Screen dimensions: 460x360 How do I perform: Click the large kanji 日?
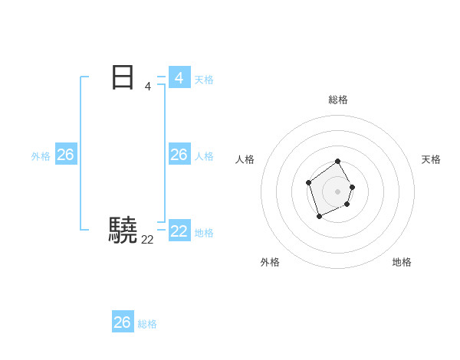123,77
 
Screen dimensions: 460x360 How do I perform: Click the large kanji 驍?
123,230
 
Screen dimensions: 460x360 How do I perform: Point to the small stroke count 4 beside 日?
147,87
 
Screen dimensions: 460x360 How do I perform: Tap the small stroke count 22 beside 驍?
147,240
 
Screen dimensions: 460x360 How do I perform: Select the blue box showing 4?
179,77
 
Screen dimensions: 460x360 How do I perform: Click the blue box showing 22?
179,231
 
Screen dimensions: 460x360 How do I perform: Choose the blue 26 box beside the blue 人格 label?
179,155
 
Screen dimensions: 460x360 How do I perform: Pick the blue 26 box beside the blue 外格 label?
65,155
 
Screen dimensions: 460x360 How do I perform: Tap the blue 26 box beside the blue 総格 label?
123,322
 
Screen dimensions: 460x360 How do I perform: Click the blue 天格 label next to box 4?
204,79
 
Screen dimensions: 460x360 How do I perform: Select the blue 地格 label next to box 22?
204,232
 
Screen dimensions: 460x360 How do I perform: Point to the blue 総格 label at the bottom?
147,324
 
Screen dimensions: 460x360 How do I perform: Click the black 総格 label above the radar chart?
338,100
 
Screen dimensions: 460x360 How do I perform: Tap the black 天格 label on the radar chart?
431,159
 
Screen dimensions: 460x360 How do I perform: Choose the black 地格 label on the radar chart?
402,262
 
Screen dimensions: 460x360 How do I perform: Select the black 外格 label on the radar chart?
270,262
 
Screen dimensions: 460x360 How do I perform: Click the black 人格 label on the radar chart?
245,159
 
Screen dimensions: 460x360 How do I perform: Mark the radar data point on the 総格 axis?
338,162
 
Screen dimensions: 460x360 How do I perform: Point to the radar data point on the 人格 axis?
308,182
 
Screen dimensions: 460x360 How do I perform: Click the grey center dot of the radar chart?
338,191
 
